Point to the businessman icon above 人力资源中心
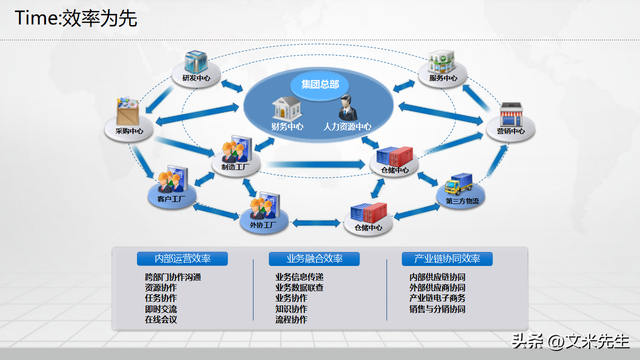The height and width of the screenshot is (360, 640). (348, 107)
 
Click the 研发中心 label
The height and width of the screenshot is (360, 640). (194, 77)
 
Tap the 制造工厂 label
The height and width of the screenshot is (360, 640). (236, 166)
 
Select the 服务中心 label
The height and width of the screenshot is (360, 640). (443, 78)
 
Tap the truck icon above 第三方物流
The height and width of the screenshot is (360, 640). (461, 185)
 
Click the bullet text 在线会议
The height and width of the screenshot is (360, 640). (160, 320)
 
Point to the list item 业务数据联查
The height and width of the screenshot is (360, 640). (299, 287)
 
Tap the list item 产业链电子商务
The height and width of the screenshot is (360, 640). (437, 298)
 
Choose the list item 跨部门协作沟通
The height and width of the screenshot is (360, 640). (173, 276)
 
